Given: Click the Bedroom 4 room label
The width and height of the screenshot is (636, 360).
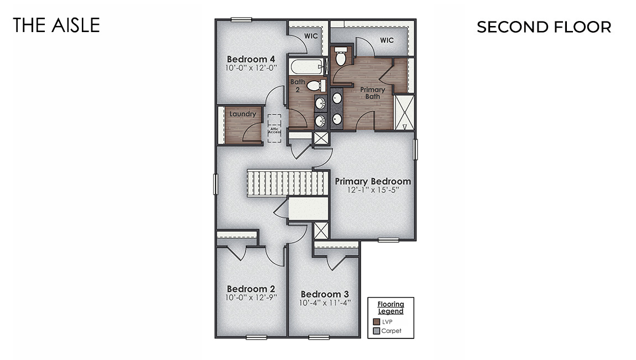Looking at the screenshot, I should pyautogui.click(x=251, y=59).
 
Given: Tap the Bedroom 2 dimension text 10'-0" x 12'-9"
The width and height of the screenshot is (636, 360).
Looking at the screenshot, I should pyautogui.click(x=251, y=298).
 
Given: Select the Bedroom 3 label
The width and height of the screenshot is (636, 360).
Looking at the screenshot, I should pyautogui.click(x=325, y=294).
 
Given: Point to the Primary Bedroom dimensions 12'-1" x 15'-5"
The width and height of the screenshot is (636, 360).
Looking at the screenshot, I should pyautogui.click(x=373, y=190).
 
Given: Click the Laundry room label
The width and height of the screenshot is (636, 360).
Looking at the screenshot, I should pyautogui.click(x=243, y=114).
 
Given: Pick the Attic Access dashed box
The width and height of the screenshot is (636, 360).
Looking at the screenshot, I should pyautogui.click(x=275, y=129).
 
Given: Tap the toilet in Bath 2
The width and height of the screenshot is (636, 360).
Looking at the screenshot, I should pyautogui.click(x=315, y=86).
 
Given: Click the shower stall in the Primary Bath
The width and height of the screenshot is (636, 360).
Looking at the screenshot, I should pyautogui.click(x=404, y=112).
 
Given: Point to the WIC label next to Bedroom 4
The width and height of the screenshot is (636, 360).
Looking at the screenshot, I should pyautogui.click(x=310, y=35).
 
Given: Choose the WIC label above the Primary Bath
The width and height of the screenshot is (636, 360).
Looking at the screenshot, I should pyautogui.click(x=387, y=40).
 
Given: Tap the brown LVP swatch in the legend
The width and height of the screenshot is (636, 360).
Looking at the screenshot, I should pyautogui.click(x=377, y=321).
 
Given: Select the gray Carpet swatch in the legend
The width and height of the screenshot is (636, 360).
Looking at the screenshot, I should pyautogui.click(x=377, y=331).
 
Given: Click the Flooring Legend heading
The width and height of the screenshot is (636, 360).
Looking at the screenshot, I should pyautogui.click(x=390, y=307).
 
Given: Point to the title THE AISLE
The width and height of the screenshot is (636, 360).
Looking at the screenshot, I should pyautogui.click(x=56, y=25).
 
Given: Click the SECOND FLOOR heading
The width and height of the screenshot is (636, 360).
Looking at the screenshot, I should pyautogui.click(x=544, y=27).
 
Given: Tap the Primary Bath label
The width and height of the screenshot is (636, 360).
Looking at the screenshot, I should pyautogui.click(x=373, y=93).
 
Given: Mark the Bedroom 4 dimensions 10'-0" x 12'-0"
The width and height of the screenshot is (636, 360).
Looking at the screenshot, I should pyautogui.click(x=251, y=68).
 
